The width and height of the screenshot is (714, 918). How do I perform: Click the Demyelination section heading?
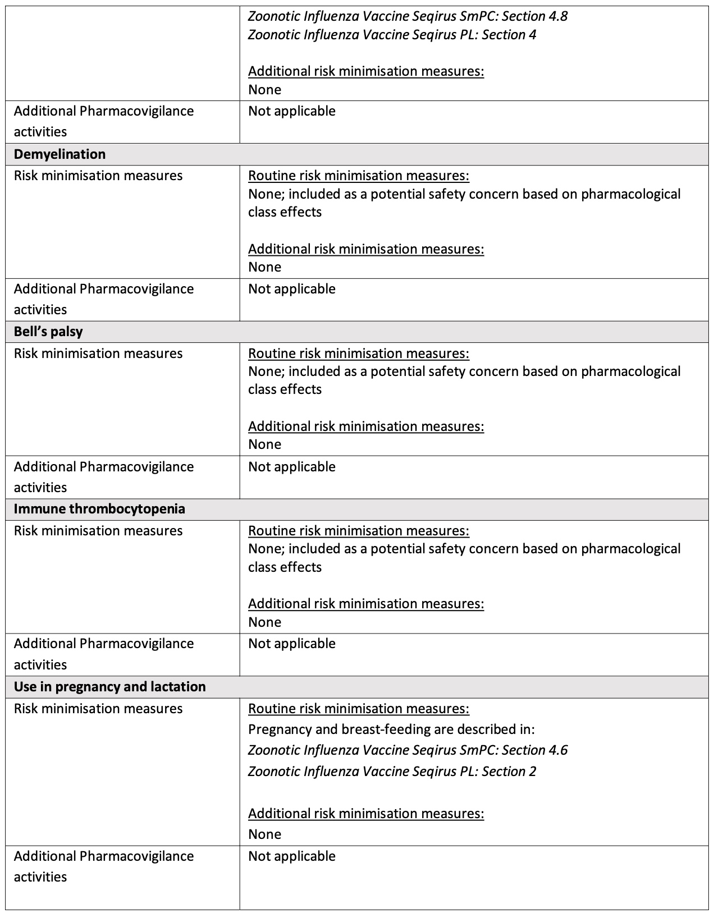tap(60, 154)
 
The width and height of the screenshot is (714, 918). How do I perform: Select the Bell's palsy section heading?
tap(48, 332)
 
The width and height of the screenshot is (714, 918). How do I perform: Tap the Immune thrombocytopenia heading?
tap(99, 509)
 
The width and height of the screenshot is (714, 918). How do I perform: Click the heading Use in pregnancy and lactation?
tap(109, 687)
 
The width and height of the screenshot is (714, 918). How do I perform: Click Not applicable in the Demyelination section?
tap(292, 289)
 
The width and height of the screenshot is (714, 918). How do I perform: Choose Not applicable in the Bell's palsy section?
tap(292, 467)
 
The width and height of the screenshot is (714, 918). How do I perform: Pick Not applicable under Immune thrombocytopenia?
tap(292, 644)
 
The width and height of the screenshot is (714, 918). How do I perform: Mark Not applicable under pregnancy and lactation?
tap(292, 856)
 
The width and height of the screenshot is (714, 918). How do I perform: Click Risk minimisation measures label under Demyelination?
tap(98, 176)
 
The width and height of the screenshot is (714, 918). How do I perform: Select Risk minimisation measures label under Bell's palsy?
tap(98, 354)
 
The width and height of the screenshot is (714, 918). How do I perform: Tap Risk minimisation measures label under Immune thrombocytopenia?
tap(98, 531)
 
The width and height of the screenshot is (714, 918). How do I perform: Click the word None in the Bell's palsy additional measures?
tap(264, 444)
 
